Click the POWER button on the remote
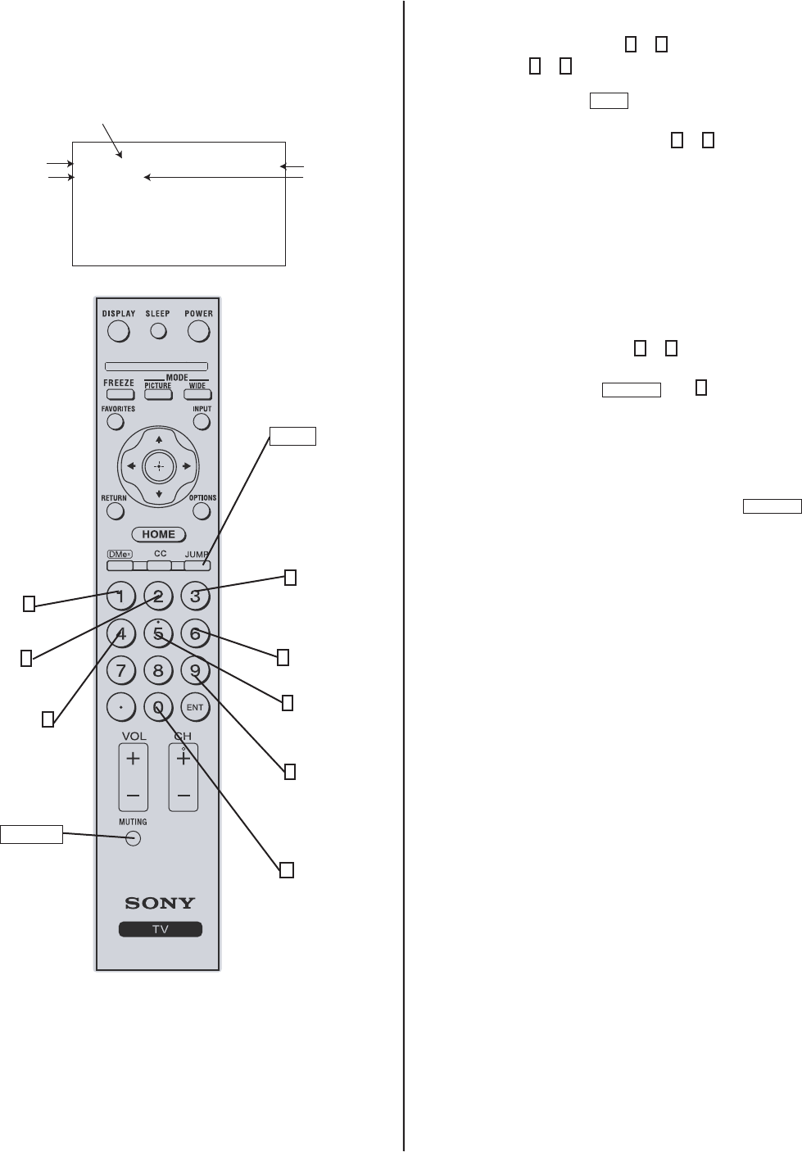pos(199,331)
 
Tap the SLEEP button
pos(158,331)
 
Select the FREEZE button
pos(120,394)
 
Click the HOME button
pos(159,534)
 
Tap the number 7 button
pos(121,671)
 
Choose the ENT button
pos(195,707)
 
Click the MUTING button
pos(134,838)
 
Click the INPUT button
pos(202,422)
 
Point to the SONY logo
pos(160,903)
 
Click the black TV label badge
pos(160,930)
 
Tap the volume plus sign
pos(133,759)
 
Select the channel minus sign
pos(184,796)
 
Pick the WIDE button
pos(197,394)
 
